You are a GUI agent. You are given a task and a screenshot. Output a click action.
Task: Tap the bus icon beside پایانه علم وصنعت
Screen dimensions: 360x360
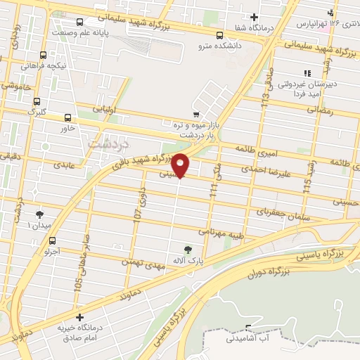point(78,21)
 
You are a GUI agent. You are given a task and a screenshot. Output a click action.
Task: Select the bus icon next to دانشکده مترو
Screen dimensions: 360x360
point(219,35)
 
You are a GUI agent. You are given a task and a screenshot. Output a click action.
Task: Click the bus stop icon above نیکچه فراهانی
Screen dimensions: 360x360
point(44,55)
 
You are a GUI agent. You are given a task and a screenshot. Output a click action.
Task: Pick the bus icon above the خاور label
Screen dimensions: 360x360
point(68,117)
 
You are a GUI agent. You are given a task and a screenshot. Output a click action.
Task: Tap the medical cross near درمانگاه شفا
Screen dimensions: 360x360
point(255,17)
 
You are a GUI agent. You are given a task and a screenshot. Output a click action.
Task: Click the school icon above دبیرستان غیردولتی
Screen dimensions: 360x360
point(307,73)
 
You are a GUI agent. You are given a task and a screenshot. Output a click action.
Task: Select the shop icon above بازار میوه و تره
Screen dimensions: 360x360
point(195,114)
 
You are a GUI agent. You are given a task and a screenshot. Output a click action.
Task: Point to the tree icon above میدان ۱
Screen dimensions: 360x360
point(39,214)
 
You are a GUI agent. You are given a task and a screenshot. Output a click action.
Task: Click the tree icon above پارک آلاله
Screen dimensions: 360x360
point(187,248)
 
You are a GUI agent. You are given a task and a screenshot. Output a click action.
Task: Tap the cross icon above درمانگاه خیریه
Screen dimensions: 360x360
point(81,318)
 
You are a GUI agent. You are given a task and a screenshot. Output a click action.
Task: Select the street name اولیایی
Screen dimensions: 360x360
point(98,110)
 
